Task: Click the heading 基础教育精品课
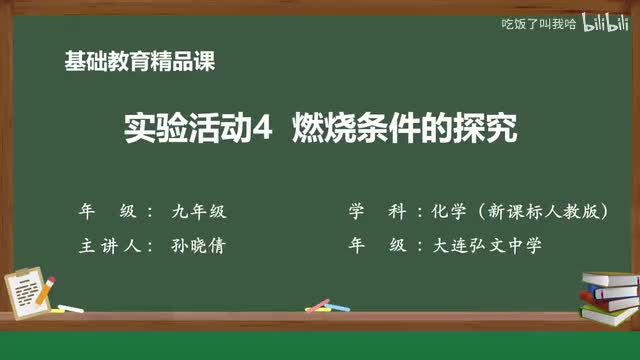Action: [139, 61]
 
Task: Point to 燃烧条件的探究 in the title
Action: [404, 129]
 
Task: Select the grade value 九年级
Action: [199, 212]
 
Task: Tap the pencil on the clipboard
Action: [47, 290]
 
